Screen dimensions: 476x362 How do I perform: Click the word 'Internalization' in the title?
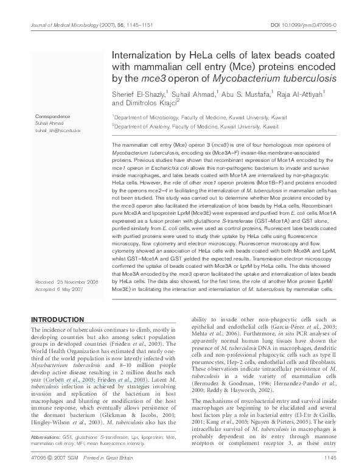coord(144,55)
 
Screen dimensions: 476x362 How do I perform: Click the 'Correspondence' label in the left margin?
coord(50,116)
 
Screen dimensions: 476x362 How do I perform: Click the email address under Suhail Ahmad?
coord(58,130)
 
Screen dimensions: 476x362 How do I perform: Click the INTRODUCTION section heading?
coord(57,320)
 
